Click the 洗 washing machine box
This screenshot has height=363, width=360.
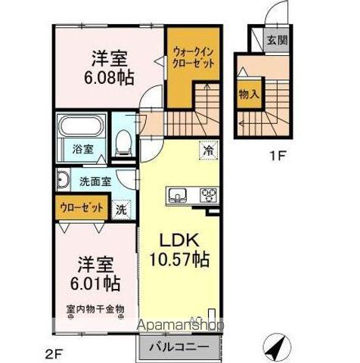pos(121,210)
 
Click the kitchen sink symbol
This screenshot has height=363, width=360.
pos(178,197)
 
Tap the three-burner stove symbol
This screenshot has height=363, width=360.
pos(209,196)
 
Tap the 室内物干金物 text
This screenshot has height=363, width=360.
pos(95,309)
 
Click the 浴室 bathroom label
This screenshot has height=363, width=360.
pos(83,150)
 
